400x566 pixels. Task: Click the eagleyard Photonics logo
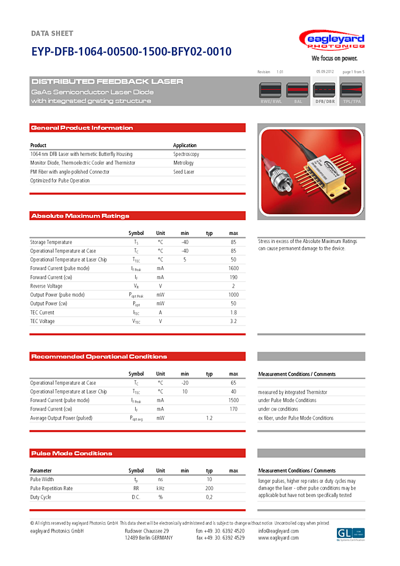(332, 40)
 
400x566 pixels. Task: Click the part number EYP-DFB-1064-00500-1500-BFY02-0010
(131, 51)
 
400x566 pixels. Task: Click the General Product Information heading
(82, 128)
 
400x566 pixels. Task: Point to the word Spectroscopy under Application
(186, 154)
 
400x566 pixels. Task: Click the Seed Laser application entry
(184, 172)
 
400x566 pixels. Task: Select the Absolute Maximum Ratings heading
(80, 216)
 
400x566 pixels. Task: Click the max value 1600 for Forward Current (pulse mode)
(233, 268)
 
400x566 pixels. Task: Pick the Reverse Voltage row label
(46, 286)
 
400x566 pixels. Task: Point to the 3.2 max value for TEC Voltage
(233, 321)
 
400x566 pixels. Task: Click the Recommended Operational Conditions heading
(99, 356)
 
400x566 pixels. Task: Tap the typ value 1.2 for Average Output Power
(209, 418)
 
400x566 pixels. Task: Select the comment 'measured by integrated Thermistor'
(292, 392)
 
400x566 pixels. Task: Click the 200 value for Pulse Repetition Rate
(209, 488)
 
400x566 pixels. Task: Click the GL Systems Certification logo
(351, 534)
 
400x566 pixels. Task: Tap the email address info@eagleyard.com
(279, 531)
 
